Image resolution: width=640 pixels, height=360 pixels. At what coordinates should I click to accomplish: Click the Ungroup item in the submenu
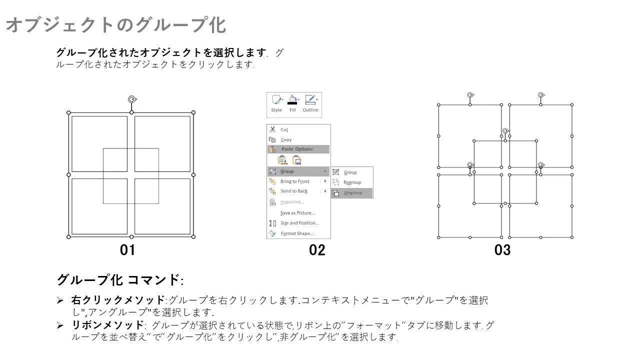coord(352,193)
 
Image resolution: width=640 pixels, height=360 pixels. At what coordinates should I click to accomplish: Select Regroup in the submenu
coord(352,182)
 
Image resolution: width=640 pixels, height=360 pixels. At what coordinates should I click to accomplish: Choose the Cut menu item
coord(284,129)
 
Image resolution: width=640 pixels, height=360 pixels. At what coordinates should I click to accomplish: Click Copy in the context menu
coord(286,139)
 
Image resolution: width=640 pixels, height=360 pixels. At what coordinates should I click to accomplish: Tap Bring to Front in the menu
coord(294,181)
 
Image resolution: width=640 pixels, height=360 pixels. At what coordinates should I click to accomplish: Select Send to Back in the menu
coord(294,191)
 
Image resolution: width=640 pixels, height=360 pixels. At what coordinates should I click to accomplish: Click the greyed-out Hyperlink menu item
coord(292,202)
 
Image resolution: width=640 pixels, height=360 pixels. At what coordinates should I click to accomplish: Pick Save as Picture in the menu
coord(297,213)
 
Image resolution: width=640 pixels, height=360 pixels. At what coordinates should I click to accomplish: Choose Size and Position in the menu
coord(299,223)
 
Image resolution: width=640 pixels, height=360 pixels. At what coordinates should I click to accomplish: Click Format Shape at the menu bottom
coord(297,233)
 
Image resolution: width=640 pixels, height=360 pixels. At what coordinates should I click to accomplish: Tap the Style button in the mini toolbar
coord(276,103)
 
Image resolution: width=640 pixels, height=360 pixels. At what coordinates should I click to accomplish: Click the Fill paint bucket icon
coord(292,99)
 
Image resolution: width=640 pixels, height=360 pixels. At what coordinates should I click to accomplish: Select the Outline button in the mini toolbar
coord(310,103)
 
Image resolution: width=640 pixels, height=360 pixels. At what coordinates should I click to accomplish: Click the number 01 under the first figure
coord(127,250)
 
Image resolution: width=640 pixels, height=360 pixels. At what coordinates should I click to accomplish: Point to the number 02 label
coord(317,250)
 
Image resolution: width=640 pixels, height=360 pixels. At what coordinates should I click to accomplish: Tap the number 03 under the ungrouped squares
coord(502,250)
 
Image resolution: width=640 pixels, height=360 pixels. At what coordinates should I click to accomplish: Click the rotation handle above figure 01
coord(132,99)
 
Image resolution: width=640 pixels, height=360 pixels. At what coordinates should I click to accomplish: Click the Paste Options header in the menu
coord(297,149)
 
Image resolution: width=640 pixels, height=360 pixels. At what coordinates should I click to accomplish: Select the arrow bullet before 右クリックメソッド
coord(60,300)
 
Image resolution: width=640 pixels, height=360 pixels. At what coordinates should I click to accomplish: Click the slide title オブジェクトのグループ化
coord(116,25)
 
